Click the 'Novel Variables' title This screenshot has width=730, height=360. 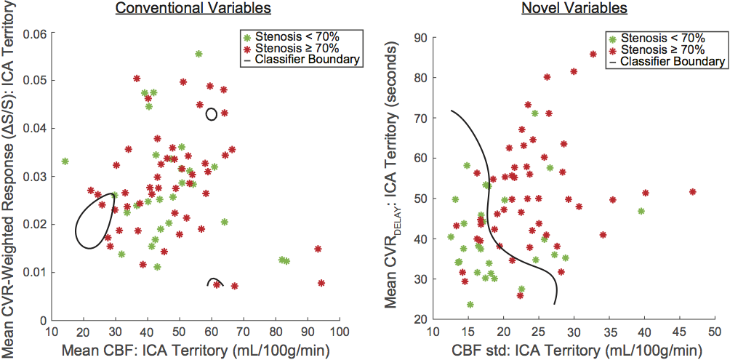(x=575, y=9)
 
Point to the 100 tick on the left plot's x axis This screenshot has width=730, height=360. (x=338, y=332)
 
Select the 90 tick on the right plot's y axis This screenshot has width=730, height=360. (x=418, y=37)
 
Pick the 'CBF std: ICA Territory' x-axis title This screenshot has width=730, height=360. (x=574, y=350)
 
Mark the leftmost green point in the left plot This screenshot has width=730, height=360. (x=65, y=161)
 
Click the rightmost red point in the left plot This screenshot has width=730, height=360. (x=321, y=283)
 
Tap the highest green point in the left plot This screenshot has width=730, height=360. (x=198, y=54)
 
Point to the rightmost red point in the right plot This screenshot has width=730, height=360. (x=692, y=192)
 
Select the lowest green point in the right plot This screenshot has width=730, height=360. (x=470, y=305)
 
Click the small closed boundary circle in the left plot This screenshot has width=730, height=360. (x=211, y=113)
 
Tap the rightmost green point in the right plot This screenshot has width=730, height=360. (x=641, y=211)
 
